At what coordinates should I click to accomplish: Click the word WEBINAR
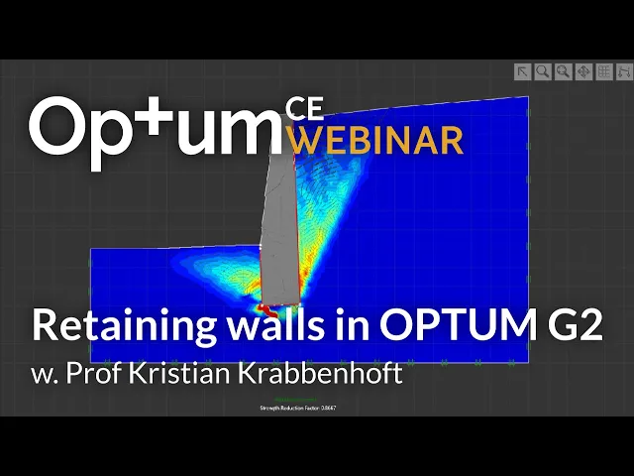(379, 140)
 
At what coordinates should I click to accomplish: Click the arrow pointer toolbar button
(523, 71)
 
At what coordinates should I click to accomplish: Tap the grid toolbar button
(603, 71)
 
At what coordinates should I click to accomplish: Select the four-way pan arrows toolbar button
(583, 71)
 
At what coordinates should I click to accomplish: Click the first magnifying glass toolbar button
(543, 71)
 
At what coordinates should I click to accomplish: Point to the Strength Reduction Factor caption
(297, 409)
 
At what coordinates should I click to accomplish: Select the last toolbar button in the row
(623, 71)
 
